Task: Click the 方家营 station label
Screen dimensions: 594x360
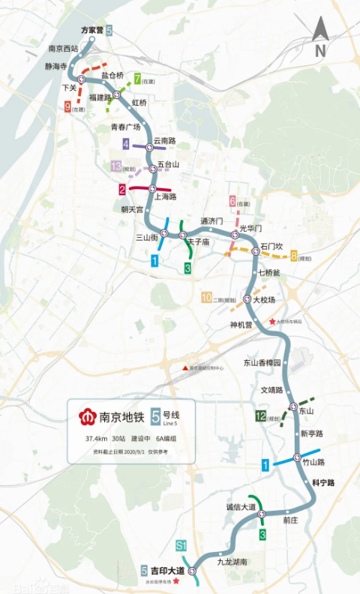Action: coord(92,31)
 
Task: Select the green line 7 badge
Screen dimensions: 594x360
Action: coord(137,78)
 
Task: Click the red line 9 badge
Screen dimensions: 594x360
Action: coord(67,108)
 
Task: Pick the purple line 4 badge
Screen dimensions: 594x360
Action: coord(126,143)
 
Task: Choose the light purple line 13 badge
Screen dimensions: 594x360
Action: coord(115,166)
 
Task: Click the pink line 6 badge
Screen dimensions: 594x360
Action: coord(232,201)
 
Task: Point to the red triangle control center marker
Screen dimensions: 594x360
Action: coord(184,367)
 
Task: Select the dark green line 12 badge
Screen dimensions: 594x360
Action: coord(260,416)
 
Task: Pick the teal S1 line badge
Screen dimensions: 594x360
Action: coord(181,544)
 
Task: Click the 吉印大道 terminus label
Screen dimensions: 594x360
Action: coord(168,571)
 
